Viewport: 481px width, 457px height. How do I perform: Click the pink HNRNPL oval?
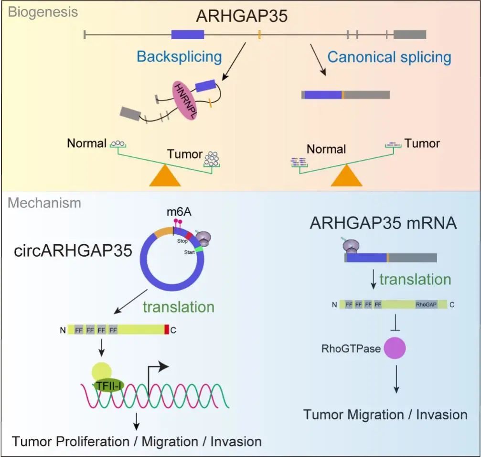pyautogui.click(x=188, y=100)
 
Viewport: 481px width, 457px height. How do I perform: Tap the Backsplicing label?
pyautogui.click(x=179, y=56)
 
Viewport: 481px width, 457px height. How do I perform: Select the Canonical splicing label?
pyautogui.click(x=389, y=57)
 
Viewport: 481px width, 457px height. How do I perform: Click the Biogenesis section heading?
pyautogui.click(x=43, y=12)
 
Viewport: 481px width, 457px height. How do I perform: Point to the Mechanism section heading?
pyautogui.click(x=44, y=203)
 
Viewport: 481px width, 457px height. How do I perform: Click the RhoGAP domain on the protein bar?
pyautogui.click(x=427, y=305)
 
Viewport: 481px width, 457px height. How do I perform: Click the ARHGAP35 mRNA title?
pyautogui.click(x=384, y=223)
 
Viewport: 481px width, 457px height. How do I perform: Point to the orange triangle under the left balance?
pyautogui.click(x=165, y=175)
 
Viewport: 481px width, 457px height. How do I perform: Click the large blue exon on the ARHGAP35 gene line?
pyautogui.click(x=188, y=34)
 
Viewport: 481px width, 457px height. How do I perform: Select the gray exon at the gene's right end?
pyautogui.click(x=409, y=34)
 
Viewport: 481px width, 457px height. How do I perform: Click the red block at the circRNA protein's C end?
pyautogui.click(x=166, y=329)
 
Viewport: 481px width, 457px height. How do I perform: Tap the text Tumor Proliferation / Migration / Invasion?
pyautogui.click(x=137, y=441)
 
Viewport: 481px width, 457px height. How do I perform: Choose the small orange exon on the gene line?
pyautogui.click(x=259, y=34)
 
